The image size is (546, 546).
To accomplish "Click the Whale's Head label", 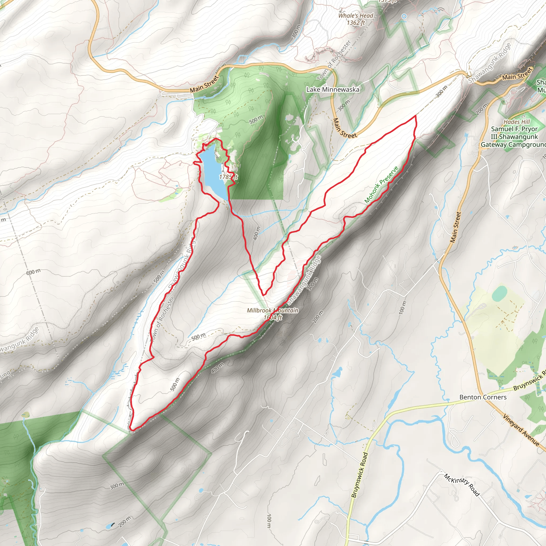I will [x=356, y=16].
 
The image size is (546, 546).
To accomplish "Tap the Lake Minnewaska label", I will [x=333, y=90].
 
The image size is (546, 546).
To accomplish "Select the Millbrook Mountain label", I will [x=272, y=310].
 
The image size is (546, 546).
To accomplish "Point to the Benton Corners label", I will [x=483, y=397].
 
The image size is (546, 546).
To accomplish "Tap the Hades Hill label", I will [x=517, y=122].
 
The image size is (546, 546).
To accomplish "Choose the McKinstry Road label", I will [x=461, y=485].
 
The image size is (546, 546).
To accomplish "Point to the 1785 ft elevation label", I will [x=228, y=177].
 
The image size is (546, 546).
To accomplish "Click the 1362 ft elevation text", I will [x=356, y=23].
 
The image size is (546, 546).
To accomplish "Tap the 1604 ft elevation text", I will [x=273, y=317].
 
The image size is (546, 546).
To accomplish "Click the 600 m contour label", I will [x=33, y=272].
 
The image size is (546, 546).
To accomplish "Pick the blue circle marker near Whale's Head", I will [x=404, y=16].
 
